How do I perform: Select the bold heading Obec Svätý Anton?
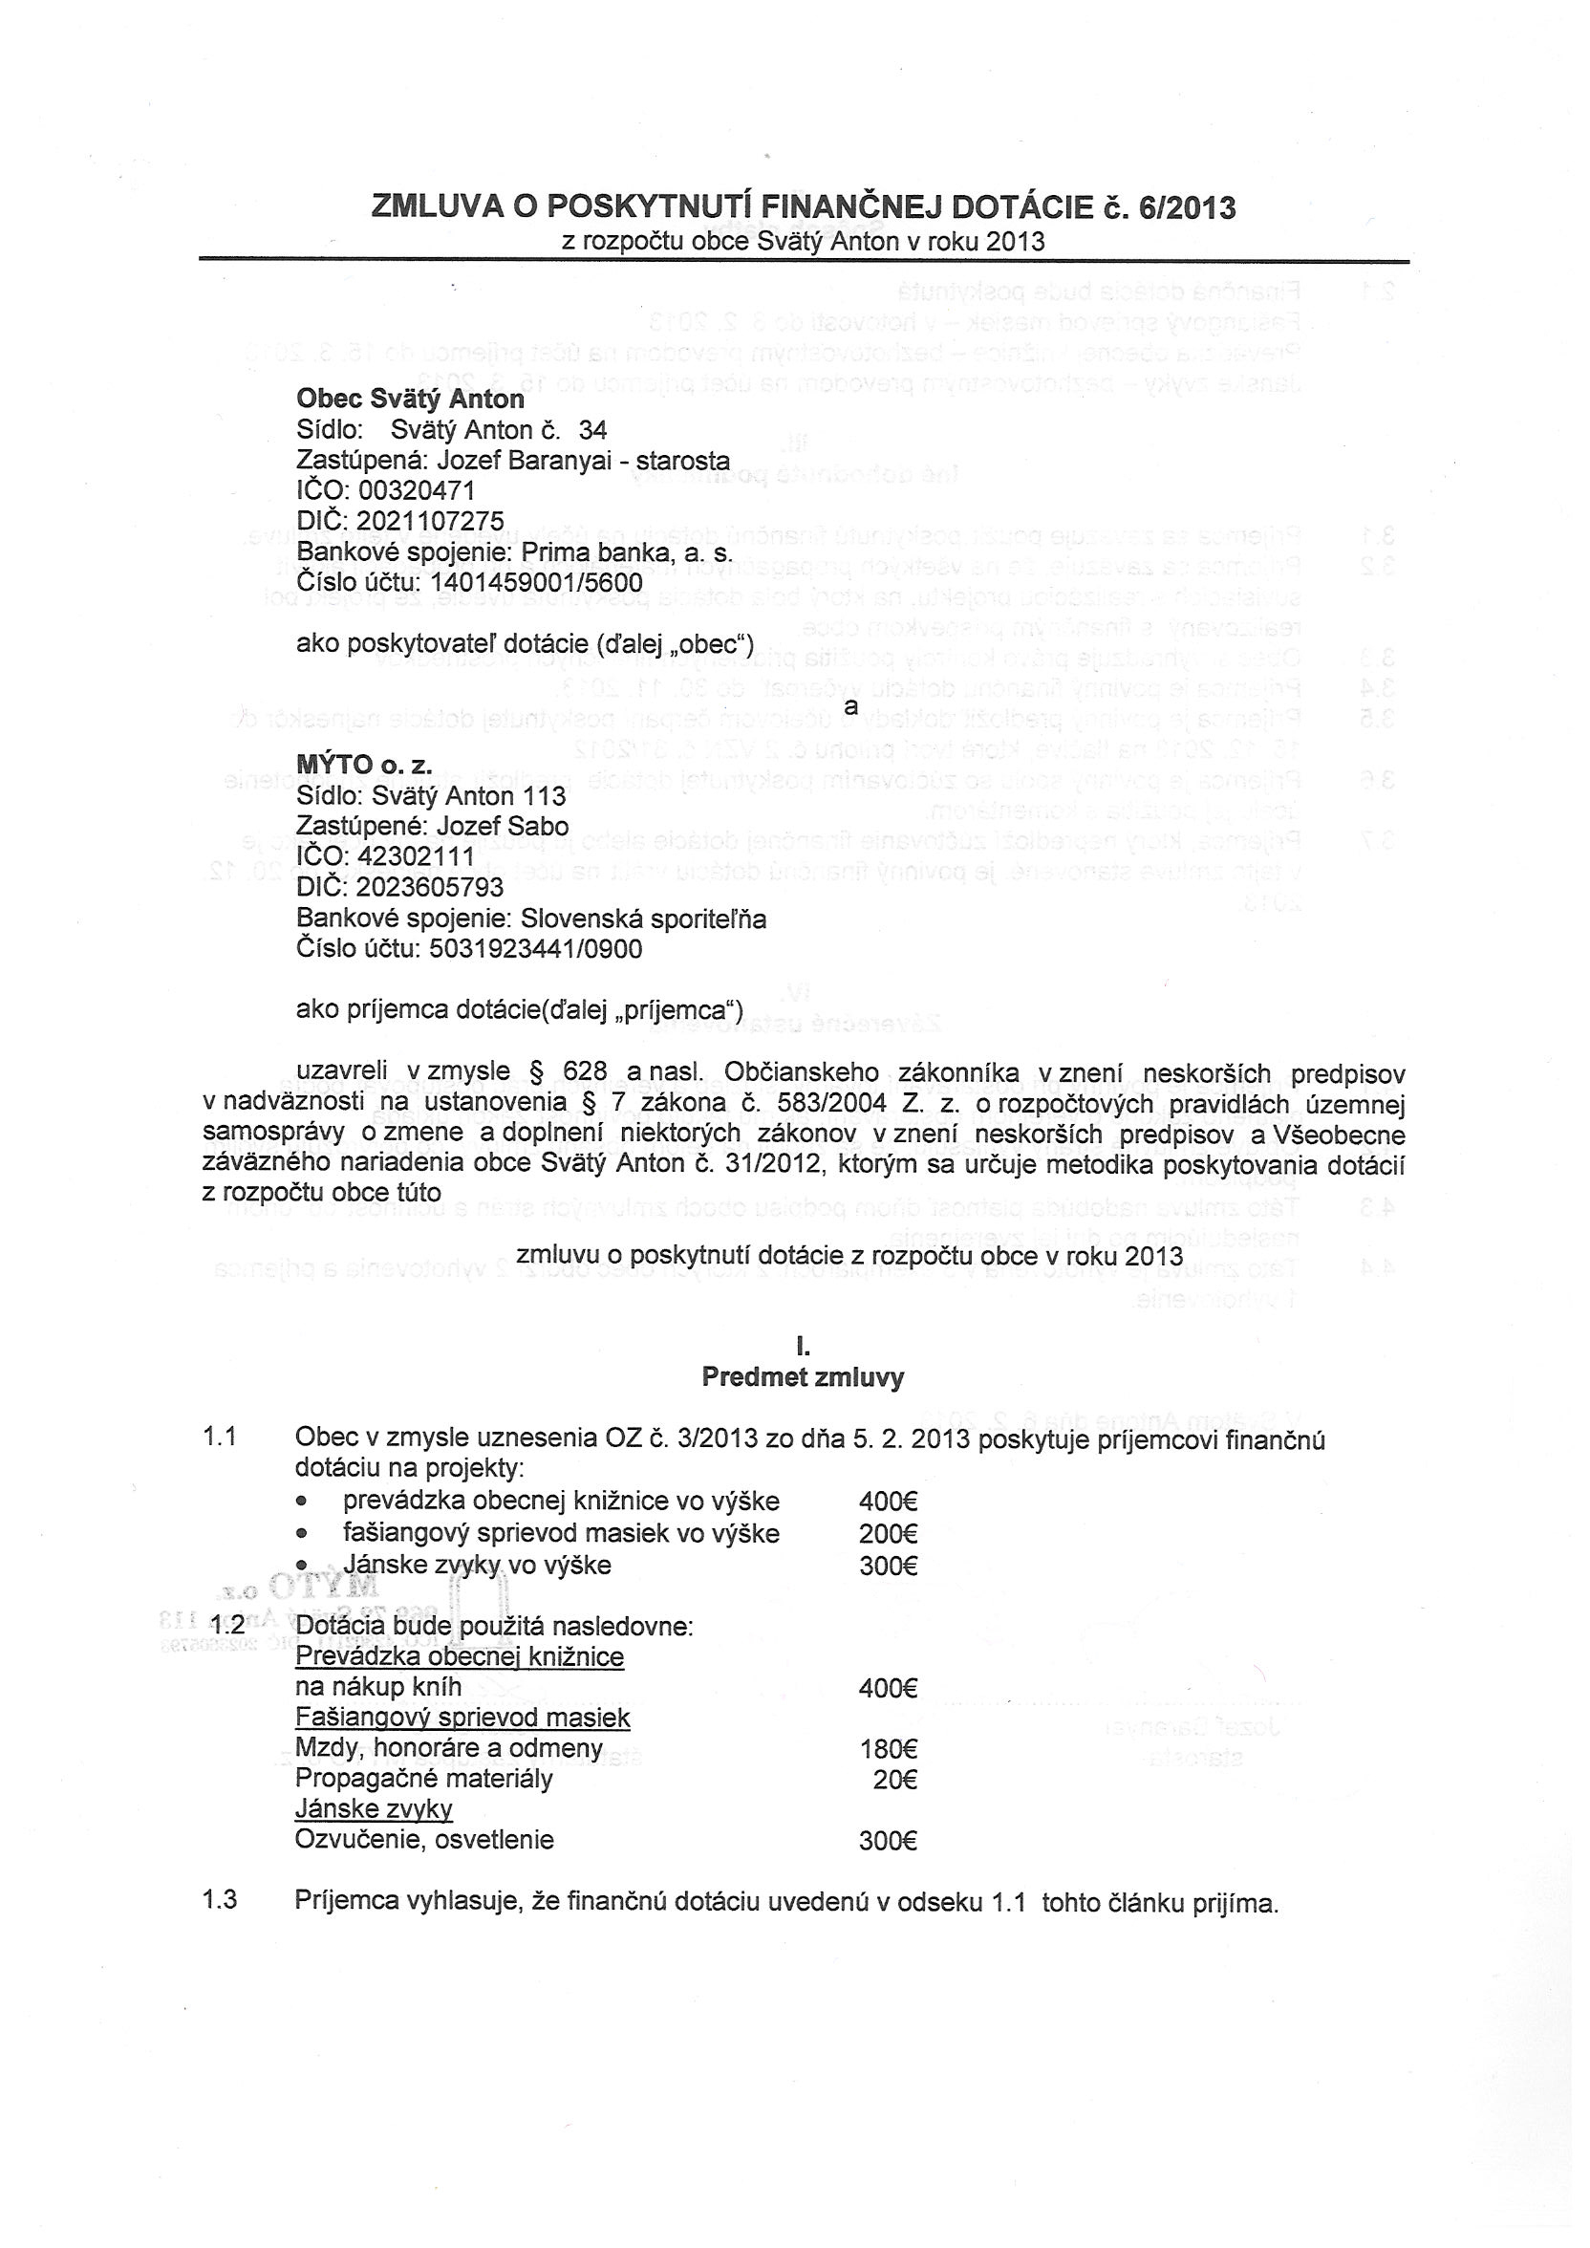[410, 400]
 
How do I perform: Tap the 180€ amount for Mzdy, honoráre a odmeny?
[887, 1749]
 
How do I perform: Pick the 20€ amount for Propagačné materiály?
[893, 1779]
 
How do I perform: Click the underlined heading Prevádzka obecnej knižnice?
[460, 1656]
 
